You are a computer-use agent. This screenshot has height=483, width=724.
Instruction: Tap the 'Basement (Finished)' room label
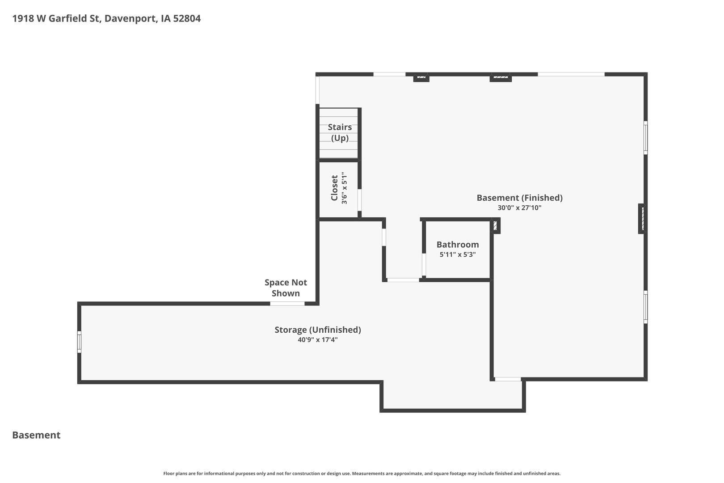coord(519,198)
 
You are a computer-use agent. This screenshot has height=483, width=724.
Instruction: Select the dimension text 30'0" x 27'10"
coord(519,208)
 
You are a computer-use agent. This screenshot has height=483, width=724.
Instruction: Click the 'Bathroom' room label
coord(458,245)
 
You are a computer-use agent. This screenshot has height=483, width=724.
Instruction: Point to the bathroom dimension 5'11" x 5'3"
coord(458,254)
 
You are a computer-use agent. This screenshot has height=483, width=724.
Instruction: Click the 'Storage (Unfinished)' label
coord(318,330)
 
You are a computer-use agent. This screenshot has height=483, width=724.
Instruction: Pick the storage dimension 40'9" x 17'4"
coord(318,340)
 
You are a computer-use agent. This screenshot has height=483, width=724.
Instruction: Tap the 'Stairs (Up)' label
coord(340,132)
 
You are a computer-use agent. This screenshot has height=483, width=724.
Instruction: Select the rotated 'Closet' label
coord(334,188)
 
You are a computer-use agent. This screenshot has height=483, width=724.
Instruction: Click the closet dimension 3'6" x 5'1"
coord(344,188)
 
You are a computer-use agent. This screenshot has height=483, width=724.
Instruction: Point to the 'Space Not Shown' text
coord(286,288)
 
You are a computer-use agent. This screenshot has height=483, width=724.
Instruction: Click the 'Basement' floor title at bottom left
coord(36,435)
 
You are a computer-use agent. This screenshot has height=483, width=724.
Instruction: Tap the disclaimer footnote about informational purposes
coord(362,473)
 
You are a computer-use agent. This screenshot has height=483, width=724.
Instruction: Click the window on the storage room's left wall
coord(79,342)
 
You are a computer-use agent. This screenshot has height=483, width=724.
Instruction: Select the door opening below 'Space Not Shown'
coord(287,304)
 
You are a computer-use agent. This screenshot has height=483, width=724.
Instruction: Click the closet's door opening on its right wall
coord(359,200)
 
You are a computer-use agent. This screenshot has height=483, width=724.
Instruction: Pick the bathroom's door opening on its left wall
coord(424,265)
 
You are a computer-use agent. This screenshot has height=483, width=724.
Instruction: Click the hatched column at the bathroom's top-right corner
coord(495,225)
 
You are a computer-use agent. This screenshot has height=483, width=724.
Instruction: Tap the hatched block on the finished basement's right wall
coord(642,218)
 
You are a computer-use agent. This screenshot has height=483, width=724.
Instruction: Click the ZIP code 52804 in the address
coord(187,18)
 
